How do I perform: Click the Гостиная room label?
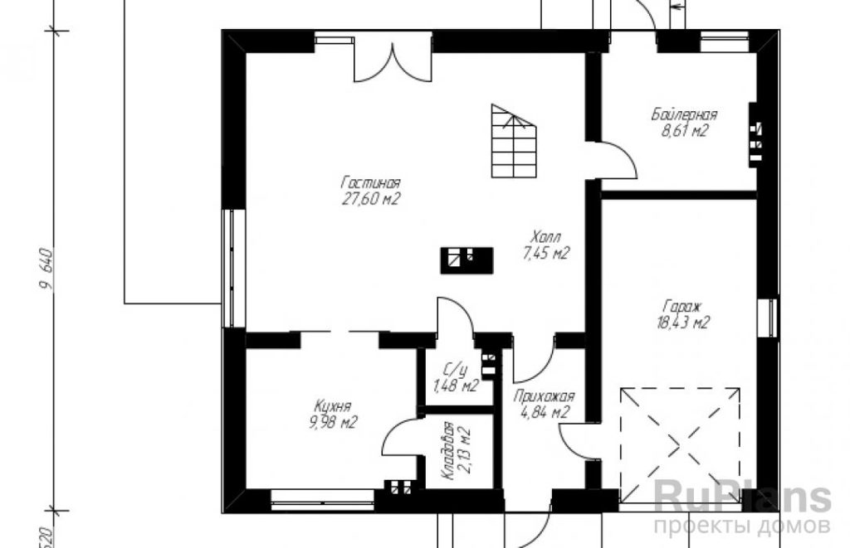click(x=371, y=182)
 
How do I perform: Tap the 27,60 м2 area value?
click(x=371, y=199)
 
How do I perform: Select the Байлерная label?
click(x=684, y=114)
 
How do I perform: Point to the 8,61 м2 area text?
click(x=684, y=131)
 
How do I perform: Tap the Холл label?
click(x=546, y=236)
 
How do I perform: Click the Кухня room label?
click(x=333, y=406)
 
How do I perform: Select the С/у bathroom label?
click(x=455, y=371)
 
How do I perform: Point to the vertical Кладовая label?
click(x=447, y=450)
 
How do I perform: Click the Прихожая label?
click(x=544, y=396)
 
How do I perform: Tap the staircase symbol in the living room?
click(x=514, y=141)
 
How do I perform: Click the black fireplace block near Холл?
click(x=467, y=260)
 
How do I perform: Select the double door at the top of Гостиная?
click(x=393, y=62)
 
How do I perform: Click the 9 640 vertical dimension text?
click(x=47, y=269)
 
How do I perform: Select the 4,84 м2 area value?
click(x=545, y=413)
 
